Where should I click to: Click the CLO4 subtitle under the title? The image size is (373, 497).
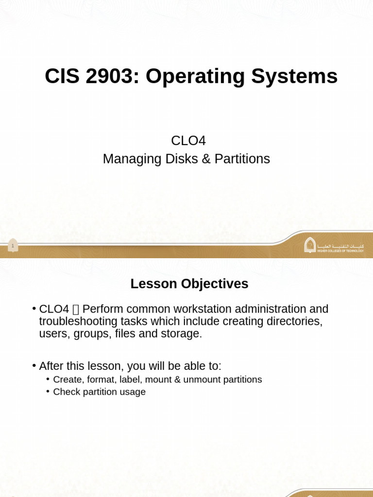[x=188, y=141]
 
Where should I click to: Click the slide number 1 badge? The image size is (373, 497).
[x=13, y=246]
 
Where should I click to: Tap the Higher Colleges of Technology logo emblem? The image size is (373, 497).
[x=310, y=245]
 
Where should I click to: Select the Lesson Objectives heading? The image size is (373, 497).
[x=189, y=284]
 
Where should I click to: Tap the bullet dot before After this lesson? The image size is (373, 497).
[x=34, y=365]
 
